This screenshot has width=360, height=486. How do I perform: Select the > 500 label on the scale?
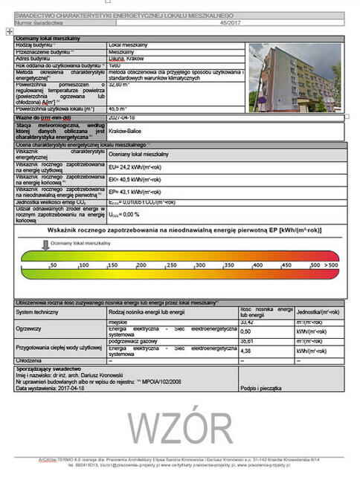click(331, 265)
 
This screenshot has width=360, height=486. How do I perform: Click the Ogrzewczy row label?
click(30, 328)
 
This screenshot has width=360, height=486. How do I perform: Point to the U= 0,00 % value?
click(123, 215)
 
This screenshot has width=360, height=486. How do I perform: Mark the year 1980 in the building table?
click(115, 66)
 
